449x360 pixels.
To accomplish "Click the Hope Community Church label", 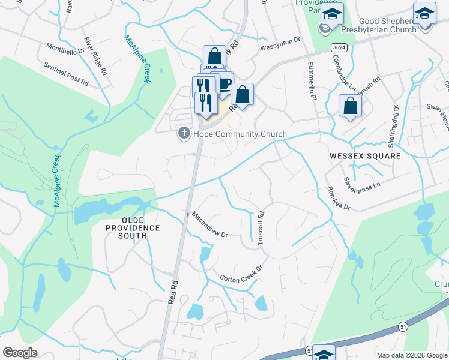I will (240, 134).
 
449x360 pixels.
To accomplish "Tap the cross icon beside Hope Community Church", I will (184, 133).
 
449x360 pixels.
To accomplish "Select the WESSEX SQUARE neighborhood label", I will (364, 155).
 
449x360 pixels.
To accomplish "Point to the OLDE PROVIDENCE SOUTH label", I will (133, 228).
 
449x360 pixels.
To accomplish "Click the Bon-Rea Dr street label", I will (338, 199).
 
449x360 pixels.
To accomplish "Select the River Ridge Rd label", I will (95, 55).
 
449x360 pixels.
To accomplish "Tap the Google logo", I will (20, 353).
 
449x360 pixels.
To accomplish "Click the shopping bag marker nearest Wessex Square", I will (350, 106).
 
